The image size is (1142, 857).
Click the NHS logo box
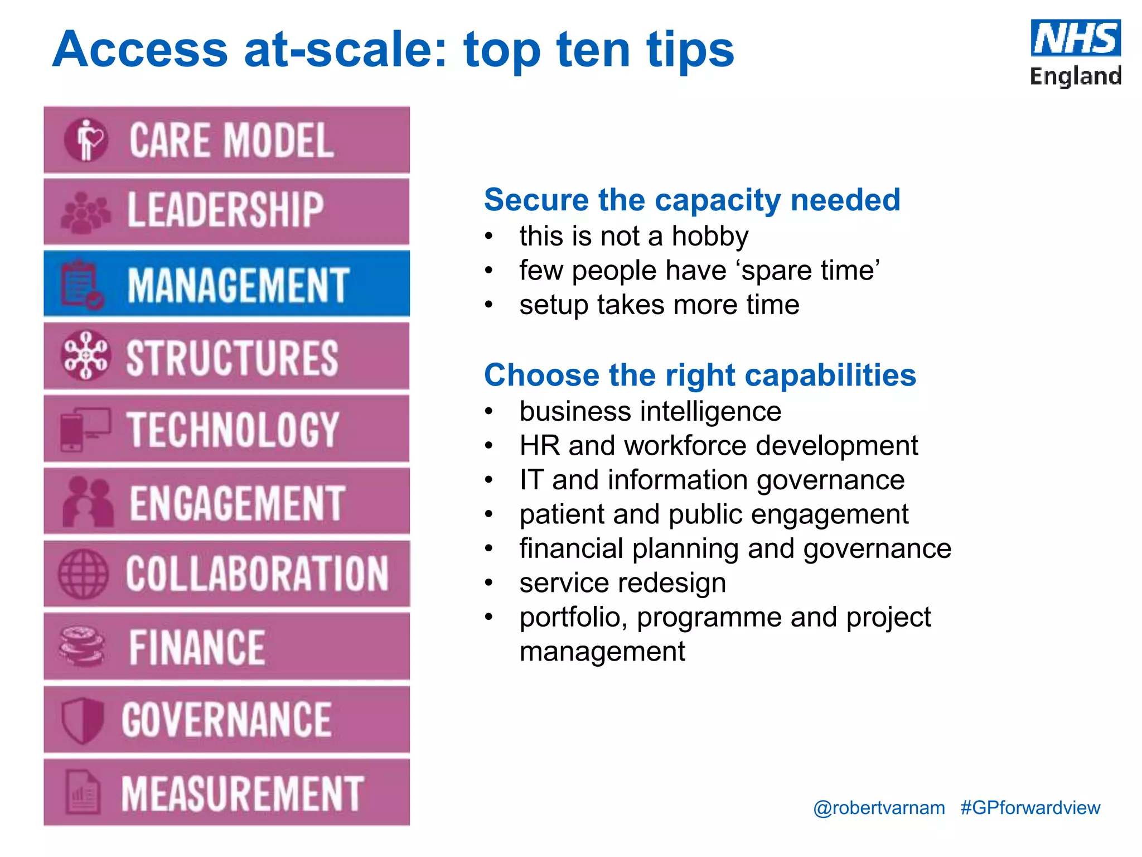pyautogui.click(x=1075, y=38)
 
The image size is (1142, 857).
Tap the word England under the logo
pyautogui.click(x=1075, y=76)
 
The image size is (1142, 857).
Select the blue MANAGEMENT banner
pyautogui.click(x=226, y=284)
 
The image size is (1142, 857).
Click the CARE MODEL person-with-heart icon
pyautogui.click(x=86, y=139)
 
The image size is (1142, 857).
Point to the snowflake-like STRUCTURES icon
pyautogui.click(x=85, y=355)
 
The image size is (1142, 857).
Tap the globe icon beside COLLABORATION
pyautogui.click(x=83, y=574)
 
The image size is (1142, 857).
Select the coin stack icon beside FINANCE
pyautogui.click(x=82, y=646)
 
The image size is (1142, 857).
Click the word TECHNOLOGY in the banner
pyautogui.click(x=233, y=429)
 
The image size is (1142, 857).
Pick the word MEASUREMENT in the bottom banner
pyautogui.click(x=243, y=793)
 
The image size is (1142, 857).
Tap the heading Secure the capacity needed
pyautogui.click(x=691, y=200)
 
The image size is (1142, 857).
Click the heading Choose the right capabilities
pyautogui.click(x=700, y=375)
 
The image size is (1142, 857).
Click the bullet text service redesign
pyautogui.click(x=622, y=583)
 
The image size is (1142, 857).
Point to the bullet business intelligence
pyautogui.click(x=650, y=412)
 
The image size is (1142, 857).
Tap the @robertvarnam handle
pyautogui.click(x=879, y=808)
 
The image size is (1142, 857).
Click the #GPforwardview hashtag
pyautogui.click(x=1030, y=808)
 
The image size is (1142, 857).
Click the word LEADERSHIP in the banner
pyautogui.click(x=225, y=210)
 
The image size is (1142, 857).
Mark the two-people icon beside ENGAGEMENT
pyautogui.click(x=87, y=502)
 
